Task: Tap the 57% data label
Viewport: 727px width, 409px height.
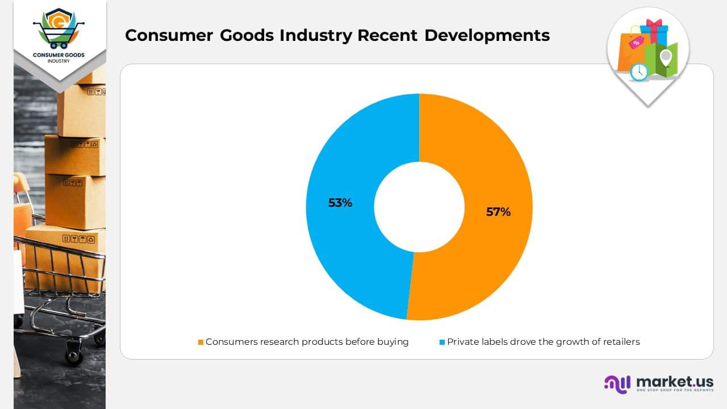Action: tap(498, 212)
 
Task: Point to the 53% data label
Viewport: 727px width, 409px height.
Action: tap(340, 203)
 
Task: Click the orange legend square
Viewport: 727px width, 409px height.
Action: tap(200, 343)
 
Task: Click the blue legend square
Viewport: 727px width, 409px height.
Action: tap(442, 343)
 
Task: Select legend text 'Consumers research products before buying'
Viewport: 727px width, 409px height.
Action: tap(307, 342)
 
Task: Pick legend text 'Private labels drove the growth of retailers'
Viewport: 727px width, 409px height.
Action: tap(543, 342)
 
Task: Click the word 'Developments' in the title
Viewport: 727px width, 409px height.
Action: tap(487, 35)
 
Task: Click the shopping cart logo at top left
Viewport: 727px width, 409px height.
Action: tap(59, 29)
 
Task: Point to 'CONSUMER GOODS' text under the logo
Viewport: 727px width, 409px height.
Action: tap(59, 55)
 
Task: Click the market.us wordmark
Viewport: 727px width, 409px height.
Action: tap(675, 381)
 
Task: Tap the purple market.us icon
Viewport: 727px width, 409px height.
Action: tap(617, 383)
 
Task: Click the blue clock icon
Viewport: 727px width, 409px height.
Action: tap(639, 72)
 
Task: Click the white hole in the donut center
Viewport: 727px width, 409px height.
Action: tap(419, 207)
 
